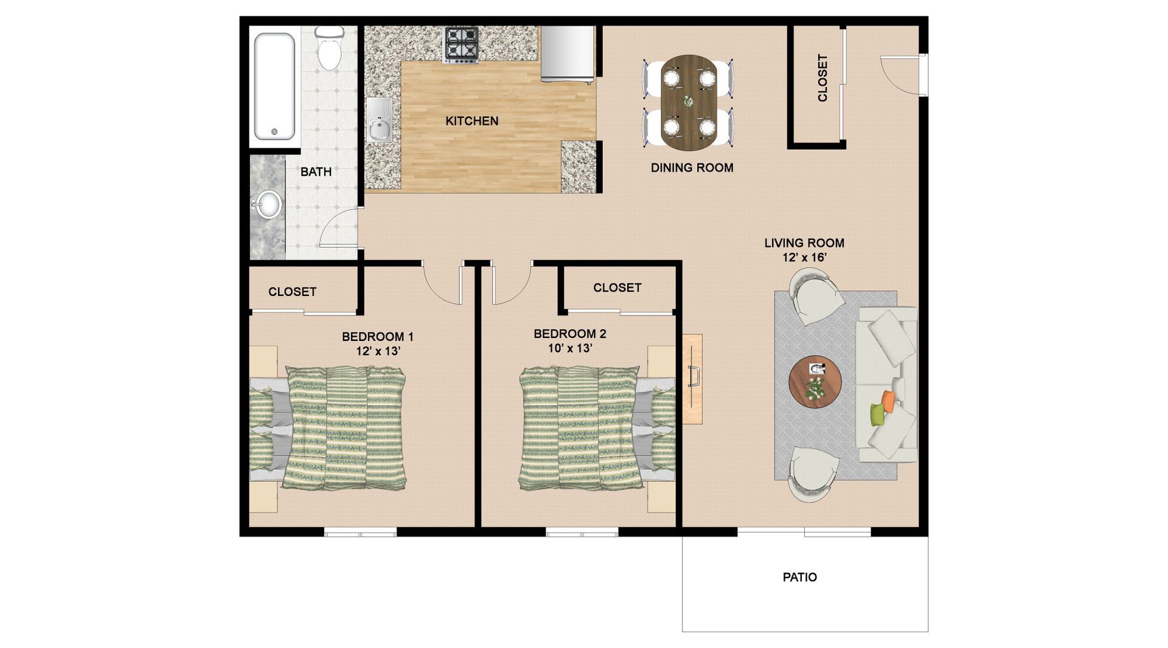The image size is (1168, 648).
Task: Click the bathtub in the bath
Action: point(275,86)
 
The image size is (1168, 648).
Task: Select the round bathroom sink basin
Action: point(268,204)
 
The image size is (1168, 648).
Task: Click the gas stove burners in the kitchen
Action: point(461,44)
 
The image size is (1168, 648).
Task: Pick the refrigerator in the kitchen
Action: point(566,54)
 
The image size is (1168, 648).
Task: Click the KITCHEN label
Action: point(472,121)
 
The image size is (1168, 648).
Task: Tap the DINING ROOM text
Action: point(692,168)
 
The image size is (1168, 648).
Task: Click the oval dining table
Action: point(689,103)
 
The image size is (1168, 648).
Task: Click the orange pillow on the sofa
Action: point(889,399)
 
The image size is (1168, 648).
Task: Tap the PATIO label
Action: point(800,577)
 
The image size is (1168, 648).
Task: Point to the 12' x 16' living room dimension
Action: point(804,257)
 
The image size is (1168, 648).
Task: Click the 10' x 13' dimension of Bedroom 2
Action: point(570,348)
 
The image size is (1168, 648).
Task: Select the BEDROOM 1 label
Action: point(378,337)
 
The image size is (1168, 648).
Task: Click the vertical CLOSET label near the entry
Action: point(822,78)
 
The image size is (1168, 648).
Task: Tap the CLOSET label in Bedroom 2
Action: point(617,288)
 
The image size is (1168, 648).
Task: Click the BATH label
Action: point(316,172)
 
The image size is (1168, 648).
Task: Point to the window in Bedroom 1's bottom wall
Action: point(360,534)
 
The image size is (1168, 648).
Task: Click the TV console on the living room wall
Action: point(692,378)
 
